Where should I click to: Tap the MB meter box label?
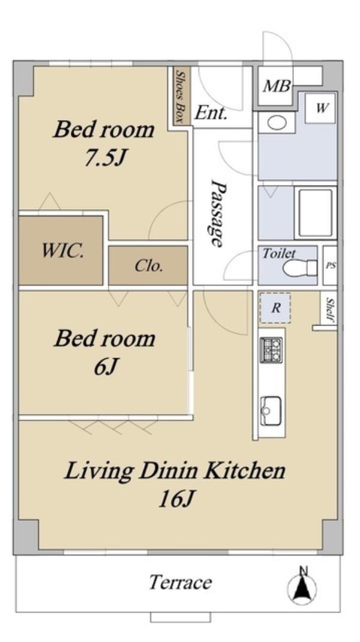tap(277, 86)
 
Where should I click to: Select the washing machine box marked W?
tap(321, 108)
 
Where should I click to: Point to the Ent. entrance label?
tap(211, 113)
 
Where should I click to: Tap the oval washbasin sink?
tap(277, 122)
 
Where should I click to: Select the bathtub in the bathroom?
tap(315, 213)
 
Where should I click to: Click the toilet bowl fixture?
tap(299, 268)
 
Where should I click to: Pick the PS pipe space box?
tap(330, 265)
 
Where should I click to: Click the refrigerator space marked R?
tap(275, 308)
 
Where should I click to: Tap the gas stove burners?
tap(272, 350)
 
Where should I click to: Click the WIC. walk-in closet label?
tap(62, 251)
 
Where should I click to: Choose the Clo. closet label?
tap(149, 266)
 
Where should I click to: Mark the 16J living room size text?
tap(175, 499)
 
